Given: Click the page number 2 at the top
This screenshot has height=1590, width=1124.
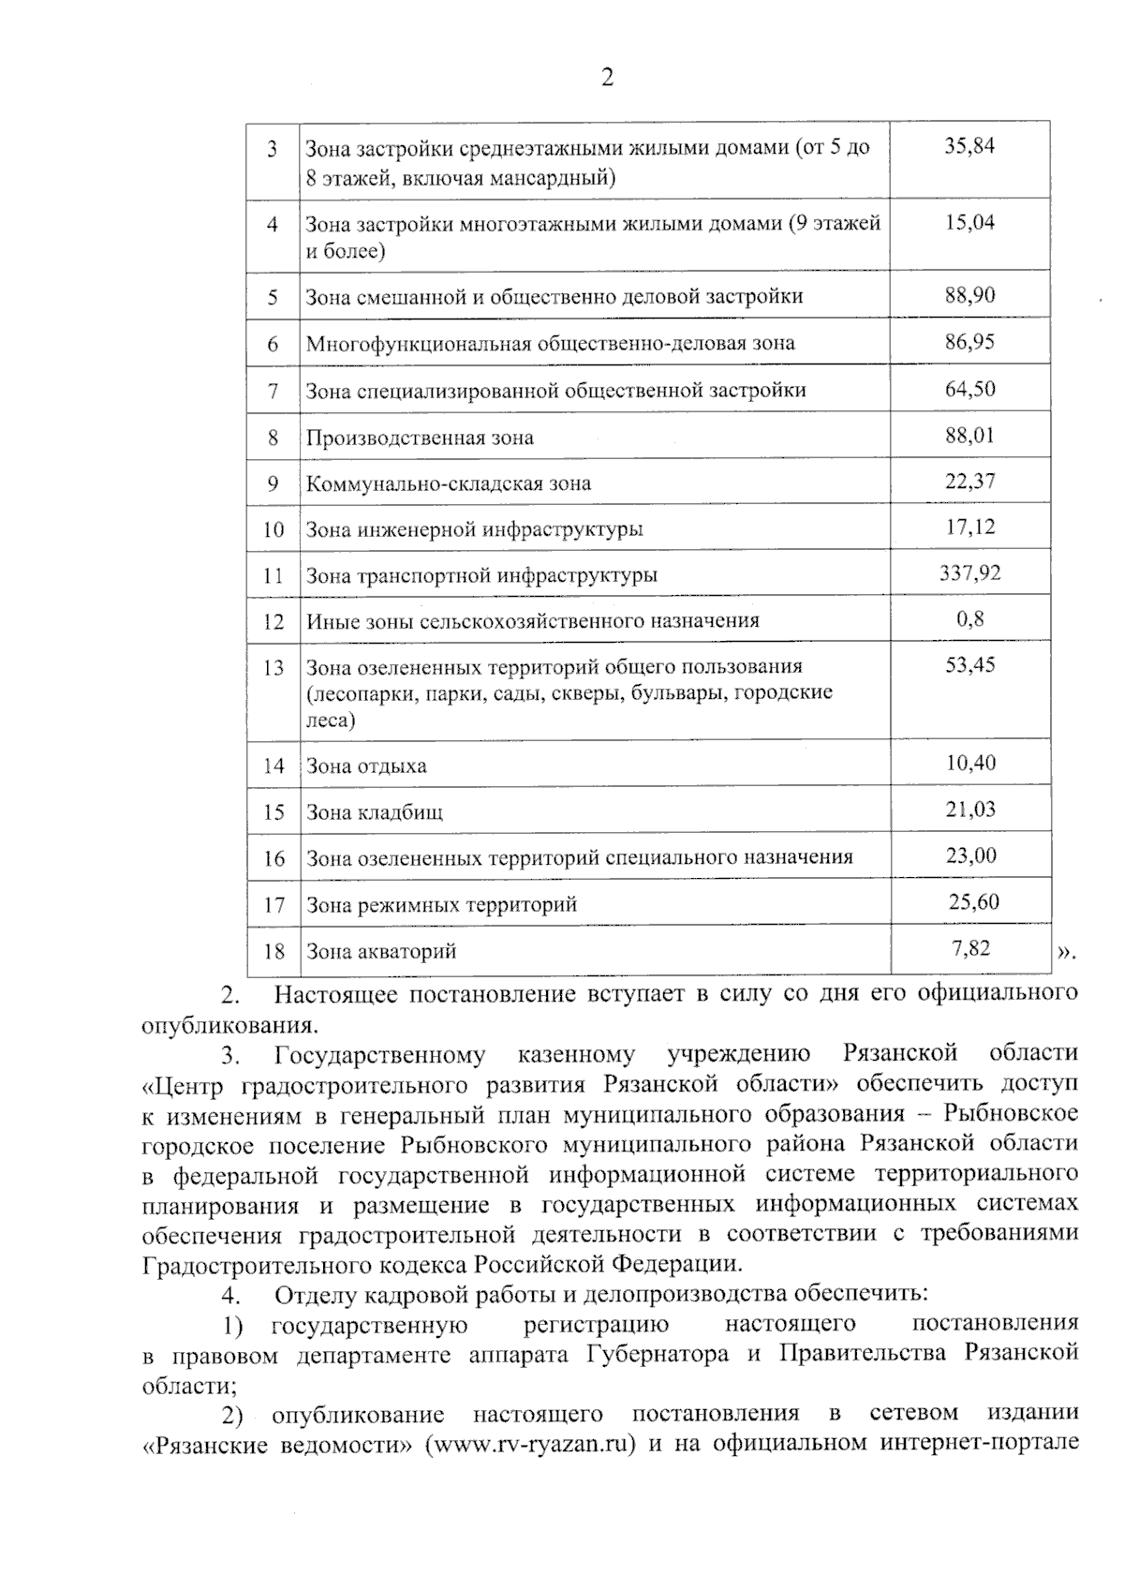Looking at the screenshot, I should pyautogui.click(x=607, y=78).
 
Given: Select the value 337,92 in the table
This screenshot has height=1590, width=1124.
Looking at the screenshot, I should pyautogui.click(x=969, y=572).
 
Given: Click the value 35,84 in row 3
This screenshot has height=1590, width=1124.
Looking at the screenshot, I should pyautogui.click(x=969, y=146).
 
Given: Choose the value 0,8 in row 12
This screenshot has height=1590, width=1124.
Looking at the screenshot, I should pyautogui.click(x=969, y=618).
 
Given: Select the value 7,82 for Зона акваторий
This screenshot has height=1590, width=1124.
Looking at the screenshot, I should pyautogui.click(x=970, y=947).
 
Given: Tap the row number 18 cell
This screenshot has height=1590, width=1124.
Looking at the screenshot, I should pyautogui.click(x=273, y=951).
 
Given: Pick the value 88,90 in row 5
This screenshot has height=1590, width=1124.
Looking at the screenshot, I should pyautogui.click(x=969, y=295).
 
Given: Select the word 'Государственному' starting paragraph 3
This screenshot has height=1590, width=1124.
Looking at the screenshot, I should pyautogui.click(x=380, y=1055).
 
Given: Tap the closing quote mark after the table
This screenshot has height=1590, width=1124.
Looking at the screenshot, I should pyautogui.click(x=1066, y=953).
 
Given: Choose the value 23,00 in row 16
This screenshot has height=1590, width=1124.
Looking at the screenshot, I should pyautogui.click(x=970, y=855).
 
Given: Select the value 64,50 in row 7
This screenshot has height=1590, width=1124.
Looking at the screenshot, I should pyautogui.click(x=969, y=388).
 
